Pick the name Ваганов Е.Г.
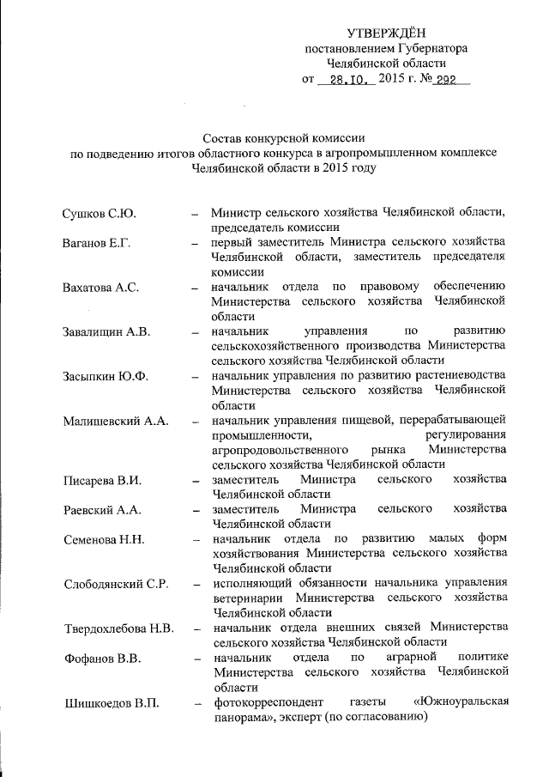point(96,243)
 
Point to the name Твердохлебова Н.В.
point(120,629)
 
